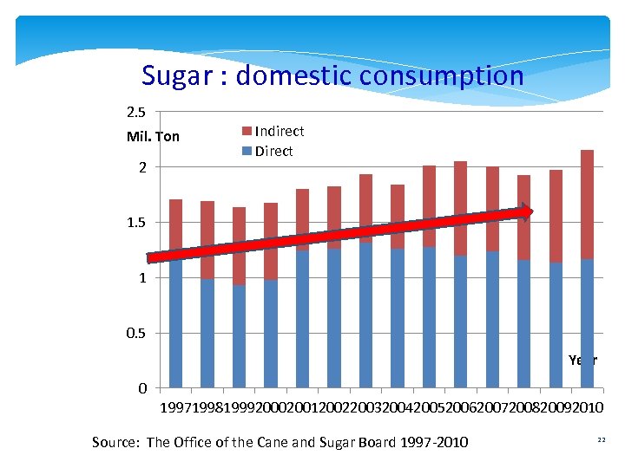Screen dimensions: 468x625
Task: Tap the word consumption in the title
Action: (x=445, y=76)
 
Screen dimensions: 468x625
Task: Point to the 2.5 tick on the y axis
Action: (x=136, y=112)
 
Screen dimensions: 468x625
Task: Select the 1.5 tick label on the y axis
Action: (x=136, y=223)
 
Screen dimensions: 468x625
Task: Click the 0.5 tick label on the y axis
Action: (x=136, y=333)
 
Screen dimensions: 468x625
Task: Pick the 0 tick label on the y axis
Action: (x=142, y=388)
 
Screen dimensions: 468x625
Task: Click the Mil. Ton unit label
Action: (x=153, y=137)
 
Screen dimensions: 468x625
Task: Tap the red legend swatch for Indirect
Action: (x=247, y=132)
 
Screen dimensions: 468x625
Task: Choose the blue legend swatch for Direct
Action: (x=247, y=152)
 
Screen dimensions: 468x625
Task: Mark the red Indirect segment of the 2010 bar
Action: (x=588, y=204)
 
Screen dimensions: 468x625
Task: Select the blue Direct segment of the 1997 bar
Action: (x=176, y=325)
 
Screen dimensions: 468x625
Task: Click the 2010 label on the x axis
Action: (x=588, y=407)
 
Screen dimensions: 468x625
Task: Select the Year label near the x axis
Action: (x=582, y=360)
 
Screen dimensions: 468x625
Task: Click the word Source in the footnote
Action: (x=115, y=443)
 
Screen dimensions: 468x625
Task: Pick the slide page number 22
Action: (x=601, y=441)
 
